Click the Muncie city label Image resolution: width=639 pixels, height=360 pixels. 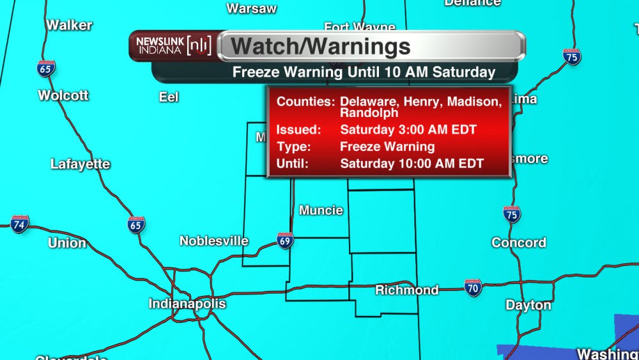pyautogui.click(x=321, y=210)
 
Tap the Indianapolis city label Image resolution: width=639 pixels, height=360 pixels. pyautogui.click(x=187, y=303)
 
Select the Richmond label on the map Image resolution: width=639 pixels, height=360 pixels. pyautogui.click(x=406, y=290)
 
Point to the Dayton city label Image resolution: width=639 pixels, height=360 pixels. pyautogui.click(x=528, y=305)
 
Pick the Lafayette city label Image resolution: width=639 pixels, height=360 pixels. pyautogui.click(x=81, y=164)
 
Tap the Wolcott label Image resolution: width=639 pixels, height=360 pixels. pyautogui.click(x=63, y=95)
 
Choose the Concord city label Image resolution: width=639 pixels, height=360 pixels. pyautogui.click(x=518, y=242)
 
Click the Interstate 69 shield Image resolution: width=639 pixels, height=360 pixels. pyautogui.click(x=285, y=240)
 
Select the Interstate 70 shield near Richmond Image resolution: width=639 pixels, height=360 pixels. pyautogui.click(x=473, y=286)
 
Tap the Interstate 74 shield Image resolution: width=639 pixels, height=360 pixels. pyautogui.click(x=20, y=224)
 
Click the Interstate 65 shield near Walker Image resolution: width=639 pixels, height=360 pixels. pyautogui.click(x=45, y=68)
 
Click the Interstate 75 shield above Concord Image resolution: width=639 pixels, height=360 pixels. pyautogui.click(x=511, y=214)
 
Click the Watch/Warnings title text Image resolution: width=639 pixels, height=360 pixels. pyautogui.click(x=320, y=47)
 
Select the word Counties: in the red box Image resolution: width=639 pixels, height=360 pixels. pyautogui.click(x=305, y=102)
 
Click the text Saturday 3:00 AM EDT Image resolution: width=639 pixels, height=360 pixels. pyautogui.click(x=408, y=130)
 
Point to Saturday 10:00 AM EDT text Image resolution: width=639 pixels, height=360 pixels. pyautogui.click(x=412, y=163)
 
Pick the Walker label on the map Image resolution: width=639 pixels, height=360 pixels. pyautogui.click(x=69, y=26)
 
